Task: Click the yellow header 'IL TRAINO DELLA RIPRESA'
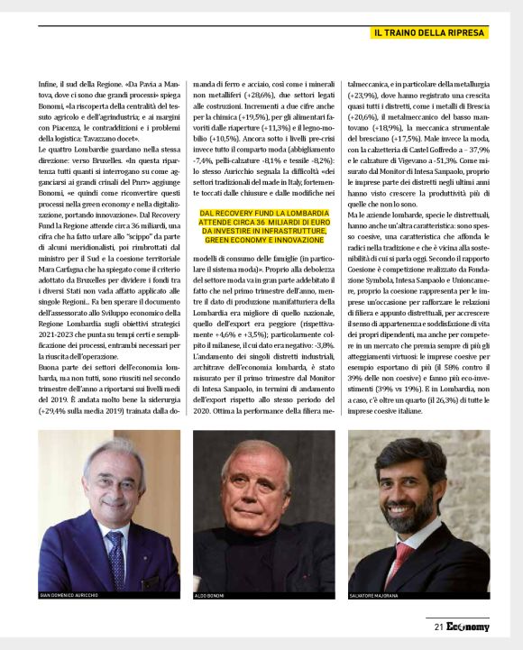point(430,32)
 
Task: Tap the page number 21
point(438,627)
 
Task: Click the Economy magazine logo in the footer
point(467,627)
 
